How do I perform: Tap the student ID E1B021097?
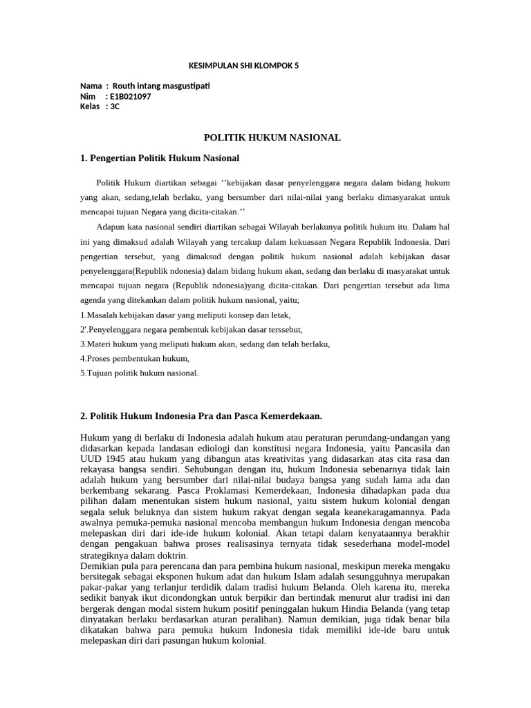pyautogui.click(x=130, y=97)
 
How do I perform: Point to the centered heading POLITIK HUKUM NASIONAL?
pyautogui.click(x=272, y=138)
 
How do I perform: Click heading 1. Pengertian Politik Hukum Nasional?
pyautogui.click(x=160, y=158)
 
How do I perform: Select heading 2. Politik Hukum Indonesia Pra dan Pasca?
pyautogui.click(x=201, y=416)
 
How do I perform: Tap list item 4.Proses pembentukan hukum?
pyautogui.click(x=135, y=358)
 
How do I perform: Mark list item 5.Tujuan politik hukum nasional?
pyautogui.click(x=139, y=373)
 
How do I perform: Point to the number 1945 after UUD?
pyautogui.click(x=114, y=459)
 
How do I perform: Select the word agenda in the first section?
pyautogui.click(x=97, y=301)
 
